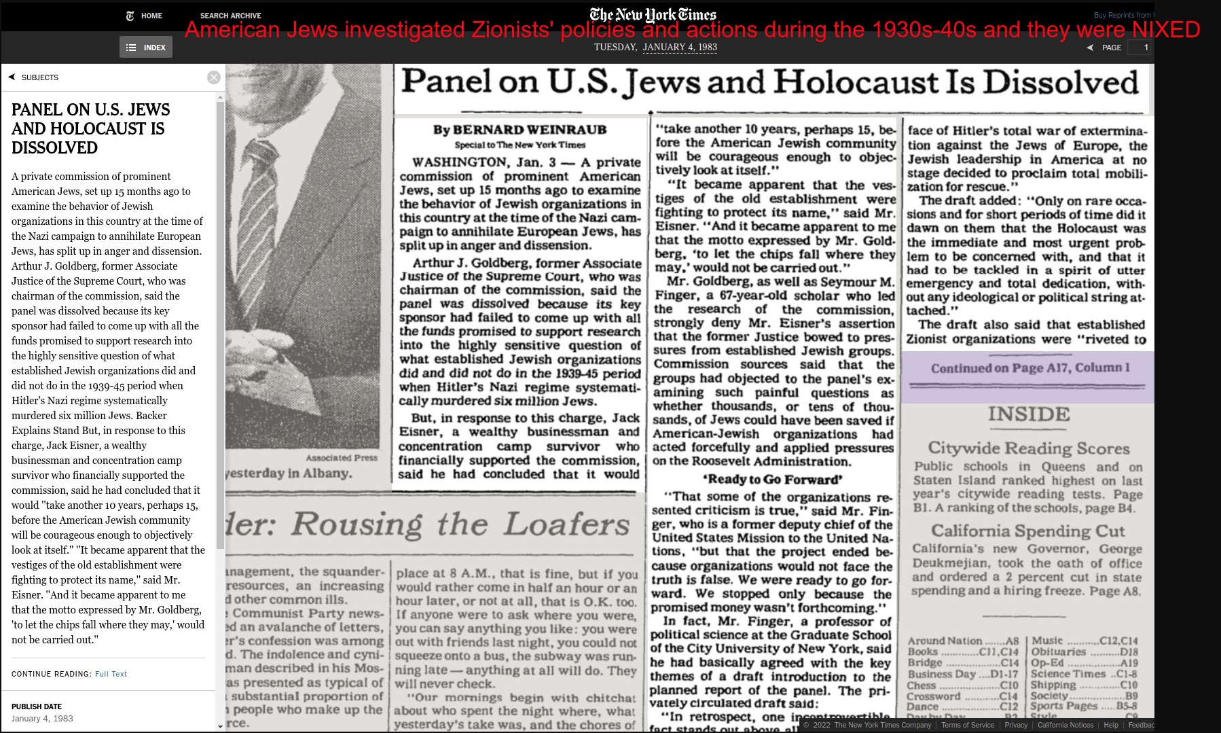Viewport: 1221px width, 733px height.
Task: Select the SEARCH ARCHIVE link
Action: point(230,16)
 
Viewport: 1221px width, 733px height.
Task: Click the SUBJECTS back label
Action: point(39,77)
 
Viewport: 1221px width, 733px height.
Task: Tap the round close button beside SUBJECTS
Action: point(214,77)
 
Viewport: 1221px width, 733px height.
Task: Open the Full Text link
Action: point(111,674)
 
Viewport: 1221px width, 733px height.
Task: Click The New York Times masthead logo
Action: point(653,14)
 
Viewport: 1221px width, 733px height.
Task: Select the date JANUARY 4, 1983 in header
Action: point(680,48)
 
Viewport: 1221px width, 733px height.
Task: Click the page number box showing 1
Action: point(1139,48)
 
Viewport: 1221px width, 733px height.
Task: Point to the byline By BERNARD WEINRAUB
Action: point(520,130)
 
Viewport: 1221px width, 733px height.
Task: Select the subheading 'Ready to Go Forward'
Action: point(772,479)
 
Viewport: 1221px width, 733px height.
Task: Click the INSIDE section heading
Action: point(1029,414)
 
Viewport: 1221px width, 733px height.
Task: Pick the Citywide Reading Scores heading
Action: point(1029,448)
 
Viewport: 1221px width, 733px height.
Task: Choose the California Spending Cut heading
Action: point(1027,531)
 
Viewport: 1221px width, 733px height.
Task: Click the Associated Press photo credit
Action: point(341,458)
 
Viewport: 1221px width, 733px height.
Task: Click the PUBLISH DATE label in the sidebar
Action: point(37,707)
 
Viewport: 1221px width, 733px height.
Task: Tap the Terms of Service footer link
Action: point(967,725)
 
